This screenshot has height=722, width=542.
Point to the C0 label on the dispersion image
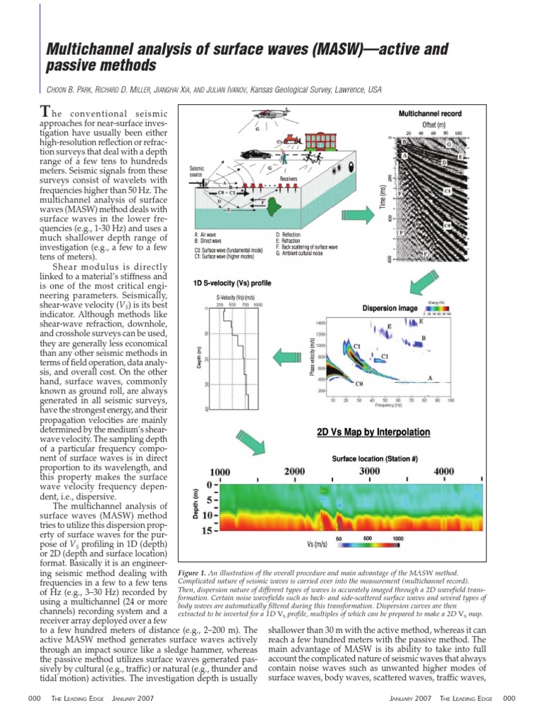coord(359,384)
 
